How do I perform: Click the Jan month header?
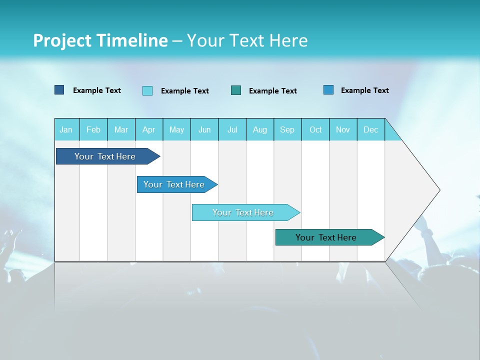coord(66,129)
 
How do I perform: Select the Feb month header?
coord(93,129)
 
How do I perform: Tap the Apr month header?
coord(149,129)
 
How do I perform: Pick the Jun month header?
coord(204,129)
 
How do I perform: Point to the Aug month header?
coord(260,129)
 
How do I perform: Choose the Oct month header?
coord(315,129)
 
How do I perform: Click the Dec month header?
coord(370,129)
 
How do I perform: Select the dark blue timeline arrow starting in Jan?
coord(105,156)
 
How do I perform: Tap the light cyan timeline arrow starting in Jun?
coord(243,212)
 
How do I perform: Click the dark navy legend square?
coord(59,90)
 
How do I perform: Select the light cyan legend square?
coord(147,90)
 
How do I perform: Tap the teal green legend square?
coord(236,90)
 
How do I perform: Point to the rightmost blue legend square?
coord(328,90)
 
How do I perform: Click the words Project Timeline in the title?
coord(100,40)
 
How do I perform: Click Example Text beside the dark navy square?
coord(97,90)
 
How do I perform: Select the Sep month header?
coord(287,129)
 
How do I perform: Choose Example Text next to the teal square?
coord(273,91)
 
